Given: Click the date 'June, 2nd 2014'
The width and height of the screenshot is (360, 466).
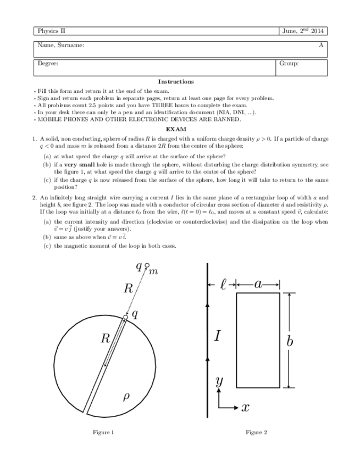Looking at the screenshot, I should (303, 31).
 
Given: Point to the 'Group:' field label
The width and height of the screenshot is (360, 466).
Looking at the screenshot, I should (289, 64).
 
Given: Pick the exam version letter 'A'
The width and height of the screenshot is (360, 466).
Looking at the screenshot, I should (321, 45).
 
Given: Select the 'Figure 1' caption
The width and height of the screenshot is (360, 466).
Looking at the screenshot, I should (104, 432).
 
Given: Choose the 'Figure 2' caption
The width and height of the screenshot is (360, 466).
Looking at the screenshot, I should (257, 432).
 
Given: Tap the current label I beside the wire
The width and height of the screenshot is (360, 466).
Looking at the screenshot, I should (218, 335).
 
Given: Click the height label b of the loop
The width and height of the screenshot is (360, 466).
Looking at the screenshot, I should (290, 341).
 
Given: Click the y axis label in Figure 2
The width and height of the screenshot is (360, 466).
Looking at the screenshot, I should (220, 382).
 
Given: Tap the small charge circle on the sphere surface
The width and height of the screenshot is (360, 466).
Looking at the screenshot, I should (126, 317).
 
